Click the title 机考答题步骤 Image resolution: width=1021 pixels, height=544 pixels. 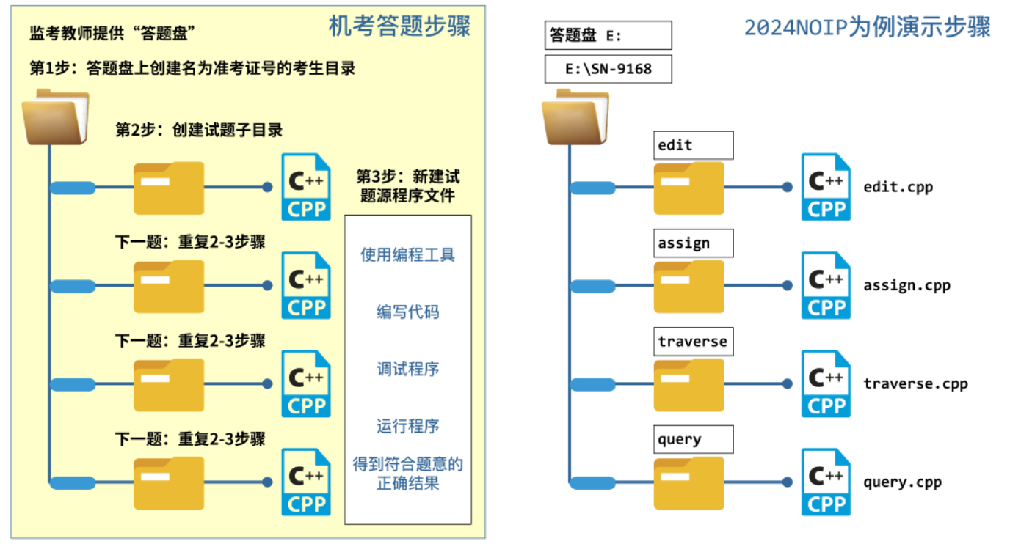pyautogui.click(x=399, y=26)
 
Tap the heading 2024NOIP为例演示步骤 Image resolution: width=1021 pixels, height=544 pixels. pyautogui.click(x=867, y=27)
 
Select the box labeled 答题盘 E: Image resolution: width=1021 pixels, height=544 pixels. pyautogui.click(x=608, y=35)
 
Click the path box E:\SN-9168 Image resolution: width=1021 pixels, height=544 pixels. pyautogui.click(x=608, y=70)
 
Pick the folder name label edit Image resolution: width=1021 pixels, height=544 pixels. pyautogui.click(x=693, y=145)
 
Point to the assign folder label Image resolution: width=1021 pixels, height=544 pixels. pyautogui.click(x=693, y=243)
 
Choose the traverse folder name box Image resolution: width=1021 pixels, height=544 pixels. pyautogui.click(x=693, y=342)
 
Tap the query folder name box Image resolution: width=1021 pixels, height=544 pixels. pyautogui.click(x=693, y=440)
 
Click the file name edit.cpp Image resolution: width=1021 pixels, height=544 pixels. pyautogui.click(x=898, y=187)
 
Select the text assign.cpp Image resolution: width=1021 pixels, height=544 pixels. pyautogui.click(x=906, y=285)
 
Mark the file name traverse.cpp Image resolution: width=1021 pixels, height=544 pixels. pyautogui.click(x=915, y=383)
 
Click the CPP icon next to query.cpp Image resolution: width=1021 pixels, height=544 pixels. pyautogui.click(x=826, y=482)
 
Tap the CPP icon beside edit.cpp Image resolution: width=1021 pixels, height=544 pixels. pyautogui.click(x=826, y=187)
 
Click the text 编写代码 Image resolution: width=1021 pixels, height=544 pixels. pyautogui.click(x=407, y=312)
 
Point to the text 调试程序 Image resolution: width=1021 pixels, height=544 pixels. pyautogui.click(x=407, y=370)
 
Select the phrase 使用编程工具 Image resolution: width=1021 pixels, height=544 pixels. pyautogui.click(x=407, y=255)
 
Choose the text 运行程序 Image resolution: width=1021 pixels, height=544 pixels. pyautogui.click(x=407, y=426)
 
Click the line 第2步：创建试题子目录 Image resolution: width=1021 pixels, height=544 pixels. pyautogui.click(x=199, y=131)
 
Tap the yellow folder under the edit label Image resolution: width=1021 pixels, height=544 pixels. pyautogui.click(x=688, y=189)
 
